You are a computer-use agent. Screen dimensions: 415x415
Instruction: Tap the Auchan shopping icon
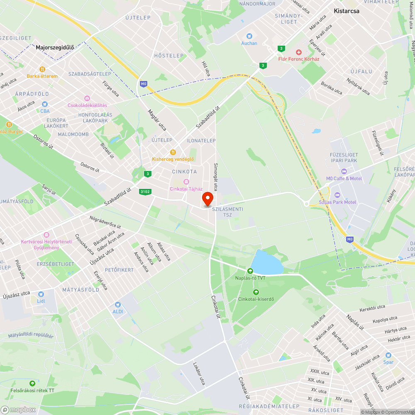[249, 36]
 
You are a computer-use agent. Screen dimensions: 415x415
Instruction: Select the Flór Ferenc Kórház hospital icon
[298, 52]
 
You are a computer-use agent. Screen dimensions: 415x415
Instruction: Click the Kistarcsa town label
[347, 11]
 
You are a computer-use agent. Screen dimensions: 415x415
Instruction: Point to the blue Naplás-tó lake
[266, 262]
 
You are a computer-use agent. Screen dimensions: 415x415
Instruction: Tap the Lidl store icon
[41, 294]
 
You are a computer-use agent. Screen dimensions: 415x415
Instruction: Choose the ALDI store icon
[118, 305]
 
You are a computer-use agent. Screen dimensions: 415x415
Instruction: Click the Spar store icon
[388, 355]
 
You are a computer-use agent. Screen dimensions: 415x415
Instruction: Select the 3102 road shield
[145, 191]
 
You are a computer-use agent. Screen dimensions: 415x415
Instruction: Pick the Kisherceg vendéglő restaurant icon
[173, 152]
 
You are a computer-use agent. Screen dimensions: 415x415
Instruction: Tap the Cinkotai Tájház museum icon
[186, 182]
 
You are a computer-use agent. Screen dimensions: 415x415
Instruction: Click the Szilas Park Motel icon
[337, 195]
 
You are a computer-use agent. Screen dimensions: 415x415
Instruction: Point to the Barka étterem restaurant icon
[42, 69]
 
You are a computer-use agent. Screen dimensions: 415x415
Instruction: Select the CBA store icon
[44, 104]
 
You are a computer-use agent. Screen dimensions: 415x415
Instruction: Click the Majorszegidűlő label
[55, 47]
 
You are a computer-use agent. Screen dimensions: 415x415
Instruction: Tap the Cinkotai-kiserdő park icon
[256, 292]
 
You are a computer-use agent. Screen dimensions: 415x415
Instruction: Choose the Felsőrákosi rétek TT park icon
[32, 383]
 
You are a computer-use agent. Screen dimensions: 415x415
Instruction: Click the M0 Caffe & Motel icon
[344, 171]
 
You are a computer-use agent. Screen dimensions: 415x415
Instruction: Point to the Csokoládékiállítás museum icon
[87, 98]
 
